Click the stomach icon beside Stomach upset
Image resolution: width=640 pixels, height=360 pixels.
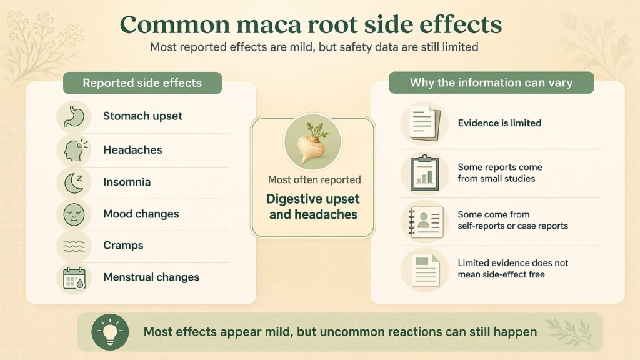coord(74,117)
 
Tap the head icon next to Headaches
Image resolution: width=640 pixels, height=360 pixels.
coord(74,150)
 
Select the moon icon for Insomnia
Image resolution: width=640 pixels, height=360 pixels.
coord(74,182)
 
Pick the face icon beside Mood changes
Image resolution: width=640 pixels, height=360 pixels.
coord(74,214)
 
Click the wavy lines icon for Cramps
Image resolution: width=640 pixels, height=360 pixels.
coord(74,246)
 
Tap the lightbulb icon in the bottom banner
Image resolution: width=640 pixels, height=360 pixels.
coord(109,332)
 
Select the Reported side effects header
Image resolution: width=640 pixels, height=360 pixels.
coord(142,83)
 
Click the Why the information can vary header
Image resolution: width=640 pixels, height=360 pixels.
coord(491,82)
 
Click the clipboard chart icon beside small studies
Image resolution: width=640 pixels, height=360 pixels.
coord(425,173)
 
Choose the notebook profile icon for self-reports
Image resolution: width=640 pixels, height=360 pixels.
coord(425,220)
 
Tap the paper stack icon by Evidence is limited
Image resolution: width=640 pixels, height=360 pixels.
coord(425,123)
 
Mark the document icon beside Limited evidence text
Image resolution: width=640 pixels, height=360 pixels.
coord(425,269)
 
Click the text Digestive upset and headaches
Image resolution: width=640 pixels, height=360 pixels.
coord(312,207)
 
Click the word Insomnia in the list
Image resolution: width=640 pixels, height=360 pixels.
coord(127,182)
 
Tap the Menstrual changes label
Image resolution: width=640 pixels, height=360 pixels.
coord(151,277)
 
